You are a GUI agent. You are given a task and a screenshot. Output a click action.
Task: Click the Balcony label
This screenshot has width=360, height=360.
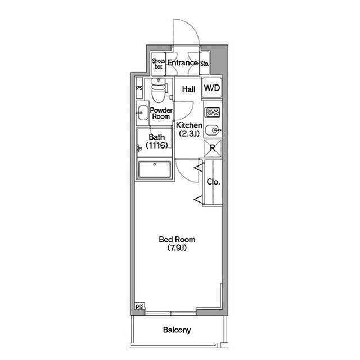click(177, 330)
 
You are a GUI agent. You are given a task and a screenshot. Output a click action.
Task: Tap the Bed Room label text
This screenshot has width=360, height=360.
click(177, 240)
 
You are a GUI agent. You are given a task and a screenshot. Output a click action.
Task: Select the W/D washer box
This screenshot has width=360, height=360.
click(212, 88)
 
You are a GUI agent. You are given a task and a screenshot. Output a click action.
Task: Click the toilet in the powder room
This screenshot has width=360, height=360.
click(159, 90)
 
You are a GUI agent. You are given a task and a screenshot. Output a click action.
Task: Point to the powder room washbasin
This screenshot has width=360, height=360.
click(142, 112)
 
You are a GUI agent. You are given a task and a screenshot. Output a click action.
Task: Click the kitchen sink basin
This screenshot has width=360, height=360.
click(213, 130)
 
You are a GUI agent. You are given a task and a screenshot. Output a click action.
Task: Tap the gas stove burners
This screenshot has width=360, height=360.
click(213, 112)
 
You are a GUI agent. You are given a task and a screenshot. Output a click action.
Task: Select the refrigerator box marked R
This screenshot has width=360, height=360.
click(213, 148)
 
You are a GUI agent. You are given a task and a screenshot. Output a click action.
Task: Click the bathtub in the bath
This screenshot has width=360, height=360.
click(155, 169)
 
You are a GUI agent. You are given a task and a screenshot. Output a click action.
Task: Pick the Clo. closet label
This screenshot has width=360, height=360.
click(213, 182)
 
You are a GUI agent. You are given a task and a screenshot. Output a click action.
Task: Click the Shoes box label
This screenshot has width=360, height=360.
click(159, 64)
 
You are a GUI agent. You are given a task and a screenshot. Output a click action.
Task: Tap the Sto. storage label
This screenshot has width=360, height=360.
click(204, 64)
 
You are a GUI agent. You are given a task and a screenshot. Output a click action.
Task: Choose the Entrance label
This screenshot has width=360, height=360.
click(182, 62)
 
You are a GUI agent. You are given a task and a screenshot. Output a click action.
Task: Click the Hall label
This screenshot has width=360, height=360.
click(189, 89)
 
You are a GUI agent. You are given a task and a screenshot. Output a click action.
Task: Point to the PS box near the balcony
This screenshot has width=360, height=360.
click(139, 307)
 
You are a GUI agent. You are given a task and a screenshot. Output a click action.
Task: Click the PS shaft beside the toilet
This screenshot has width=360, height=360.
click(139, 88)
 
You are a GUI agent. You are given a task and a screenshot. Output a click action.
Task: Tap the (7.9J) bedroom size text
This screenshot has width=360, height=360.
click(177, 247)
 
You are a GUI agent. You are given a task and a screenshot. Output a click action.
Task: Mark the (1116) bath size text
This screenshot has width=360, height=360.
click(156, 145)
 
